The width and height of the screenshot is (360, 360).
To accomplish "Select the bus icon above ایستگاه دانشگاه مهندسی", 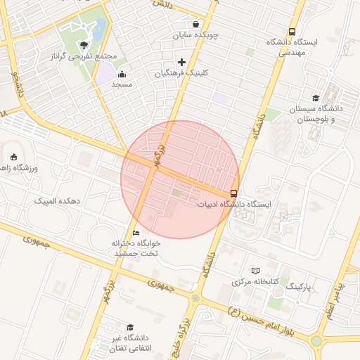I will click(x=292, y=30).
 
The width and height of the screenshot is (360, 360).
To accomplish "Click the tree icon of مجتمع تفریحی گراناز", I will click(x=85, y=44).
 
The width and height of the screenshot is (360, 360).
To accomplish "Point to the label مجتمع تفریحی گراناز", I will click(x=84, y=56).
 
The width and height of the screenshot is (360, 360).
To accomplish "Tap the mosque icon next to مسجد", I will click(x=122, y=73).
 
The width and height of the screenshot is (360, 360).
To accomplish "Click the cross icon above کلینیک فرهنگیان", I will click(x=182, y=62).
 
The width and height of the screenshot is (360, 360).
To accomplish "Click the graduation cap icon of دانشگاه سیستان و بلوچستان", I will click(x=316, y=98).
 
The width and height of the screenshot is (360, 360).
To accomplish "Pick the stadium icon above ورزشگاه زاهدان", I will click(x=14, y=156).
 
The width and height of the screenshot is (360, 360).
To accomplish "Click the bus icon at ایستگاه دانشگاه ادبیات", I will click(x=233, y=193).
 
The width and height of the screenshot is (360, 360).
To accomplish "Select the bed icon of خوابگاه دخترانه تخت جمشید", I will click(x=136, y=232).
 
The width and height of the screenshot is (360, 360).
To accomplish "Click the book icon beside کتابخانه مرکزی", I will click(x=255, y=271).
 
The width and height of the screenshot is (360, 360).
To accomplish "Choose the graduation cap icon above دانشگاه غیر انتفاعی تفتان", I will click(x=130, y=327).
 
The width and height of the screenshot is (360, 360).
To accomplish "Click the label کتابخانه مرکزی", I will click(x=256, y=282).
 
